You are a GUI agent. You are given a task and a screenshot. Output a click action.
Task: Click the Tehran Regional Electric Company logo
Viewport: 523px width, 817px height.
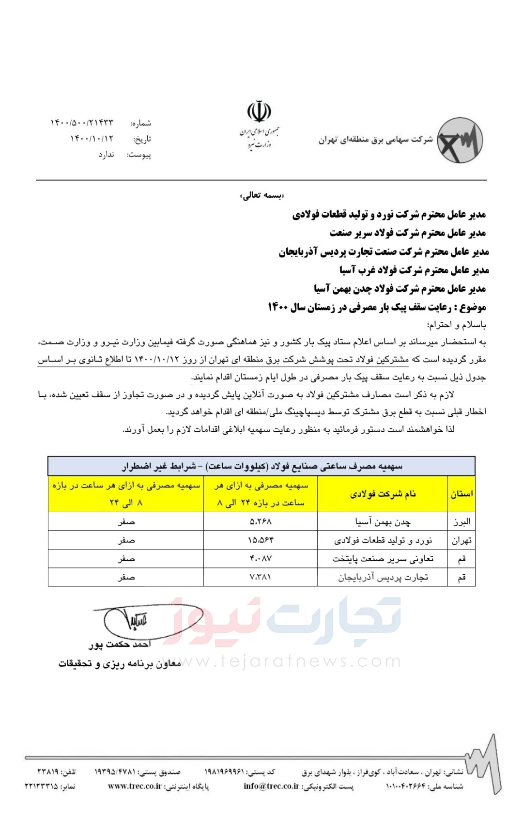[460, 140]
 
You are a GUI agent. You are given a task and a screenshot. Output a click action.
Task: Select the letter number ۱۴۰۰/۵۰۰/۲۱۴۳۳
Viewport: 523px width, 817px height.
[82, 123]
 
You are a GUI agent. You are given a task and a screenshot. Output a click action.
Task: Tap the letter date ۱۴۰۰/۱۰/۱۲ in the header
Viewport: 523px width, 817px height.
[92, 139]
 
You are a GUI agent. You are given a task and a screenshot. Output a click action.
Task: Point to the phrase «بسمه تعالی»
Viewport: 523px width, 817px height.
[261, 195]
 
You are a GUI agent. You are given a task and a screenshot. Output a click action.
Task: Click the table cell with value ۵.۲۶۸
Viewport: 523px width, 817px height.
[261, 522]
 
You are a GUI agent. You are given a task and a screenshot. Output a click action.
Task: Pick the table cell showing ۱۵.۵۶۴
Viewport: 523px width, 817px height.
[261, 540]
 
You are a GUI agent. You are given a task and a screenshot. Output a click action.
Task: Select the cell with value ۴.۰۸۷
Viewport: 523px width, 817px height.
[261, 559]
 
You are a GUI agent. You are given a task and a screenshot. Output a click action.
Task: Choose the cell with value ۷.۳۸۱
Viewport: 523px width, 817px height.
[261, 577]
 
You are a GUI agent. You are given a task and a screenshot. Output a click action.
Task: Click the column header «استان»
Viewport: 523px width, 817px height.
[461, 494]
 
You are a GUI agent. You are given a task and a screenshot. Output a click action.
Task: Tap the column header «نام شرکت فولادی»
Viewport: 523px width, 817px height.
[383, 494]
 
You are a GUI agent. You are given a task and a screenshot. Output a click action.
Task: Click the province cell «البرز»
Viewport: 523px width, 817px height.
[461, 522]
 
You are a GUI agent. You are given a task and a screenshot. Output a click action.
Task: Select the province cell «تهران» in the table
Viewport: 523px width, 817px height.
[461, 540]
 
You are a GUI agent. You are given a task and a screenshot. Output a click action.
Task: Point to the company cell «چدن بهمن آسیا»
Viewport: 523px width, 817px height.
[383, 522]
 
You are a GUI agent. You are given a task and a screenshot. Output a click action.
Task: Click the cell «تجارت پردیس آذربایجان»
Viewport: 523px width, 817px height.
[383, 577]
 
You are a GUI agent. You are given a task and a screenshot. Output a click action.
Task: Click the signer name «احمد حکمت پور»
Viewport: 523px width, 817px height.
[120, 644]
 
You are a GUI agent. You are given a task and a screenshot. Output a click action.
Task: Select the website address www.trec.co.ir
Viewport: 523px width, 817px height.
[135, 786]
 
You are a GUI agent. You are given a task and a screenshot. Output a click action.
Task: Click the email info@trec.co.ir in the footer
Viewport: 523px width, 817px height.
[271, 786]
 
